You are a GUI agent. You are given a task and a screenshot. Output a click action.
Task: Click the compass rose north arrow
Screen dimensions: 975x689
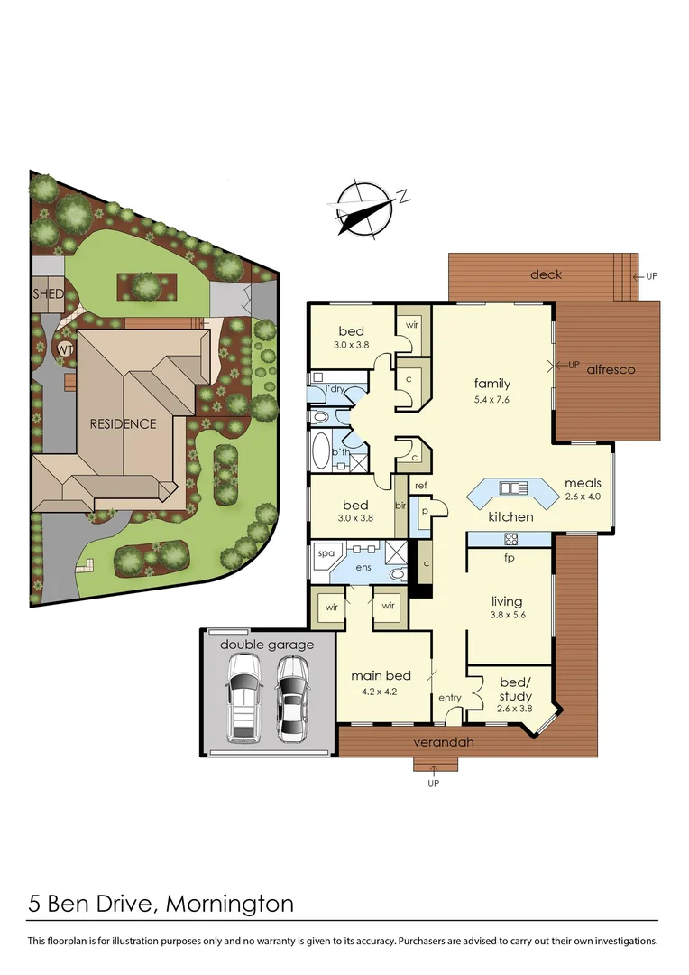pyautogui.click(x=365, y=209)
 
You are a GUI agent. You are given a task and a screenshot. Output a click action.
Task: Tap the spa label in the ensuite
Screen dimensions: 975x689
pyautogui.click(x=325, y=552)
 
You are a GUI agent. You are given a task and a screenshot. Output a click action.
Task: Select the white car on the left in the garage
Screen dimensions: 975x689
pyautogui.click(x=243, y=697)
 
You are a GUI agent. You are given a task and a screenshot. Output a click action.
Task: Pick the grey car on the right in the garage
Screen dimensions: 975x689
pyautogui.click(x=291, y=697)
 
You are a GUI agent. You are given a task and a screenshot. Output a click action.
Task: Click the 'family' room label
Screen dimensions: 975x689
pyautogui.click(x=492, y=384)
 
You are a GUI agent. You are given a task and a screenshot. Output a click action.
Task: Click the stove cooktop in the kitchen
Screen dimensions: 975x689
pyautogui.click(x=510, y=539)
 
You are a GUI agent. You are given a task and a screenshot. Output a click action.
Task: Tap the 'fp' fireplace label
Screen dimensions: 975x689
pyautogui.click(x=510, y=557)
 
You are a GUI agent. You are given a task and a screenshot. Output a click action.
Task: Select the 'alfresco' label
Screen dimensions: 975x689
pyautogui.click(x=611, y=369)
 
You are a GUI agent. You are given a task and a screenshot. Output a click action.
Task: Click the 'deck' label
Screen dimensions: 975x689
pyautogui.click(x=547, y=274)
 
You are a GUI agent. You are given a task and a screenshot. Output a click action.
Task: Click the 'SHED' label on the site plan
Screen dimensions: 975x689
pyautogui.click(x=48, y=294)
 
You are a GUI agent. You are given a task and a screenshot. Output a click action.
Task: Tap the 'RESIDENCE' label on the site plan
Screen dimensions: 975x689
pyautogui.click(x=122, y=423)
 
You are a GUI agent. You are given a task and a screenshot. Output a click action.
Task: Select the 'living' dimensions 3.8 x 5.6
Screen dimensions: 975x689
pyautogui.click(x=507, y=617)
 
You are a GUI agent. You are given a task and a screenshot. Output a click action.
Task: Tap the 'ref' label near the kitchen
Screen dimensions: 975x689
pyautogui.click(x=420, y=486)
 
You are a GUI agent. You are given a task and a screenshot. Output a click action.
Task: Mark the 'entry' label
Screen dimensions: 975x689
pyautogui.click(x=449, y=698)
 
